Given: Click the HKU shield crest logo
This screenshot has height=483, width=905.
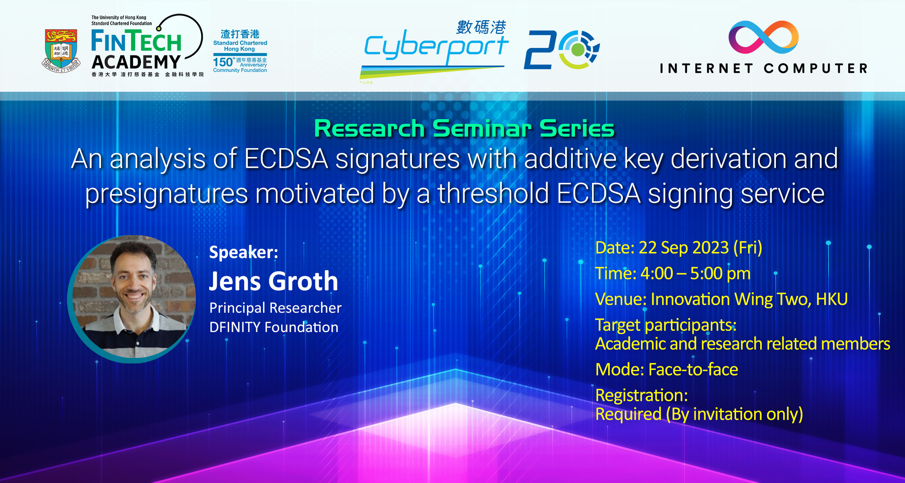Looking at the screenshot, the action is tap(61, 51).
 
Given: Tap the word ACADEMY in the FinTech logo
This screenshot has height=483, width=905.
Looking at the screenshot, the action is tap(136, 62).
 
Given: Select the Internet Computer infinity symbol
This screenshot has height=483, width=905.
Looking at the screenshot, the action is tap(763, 37).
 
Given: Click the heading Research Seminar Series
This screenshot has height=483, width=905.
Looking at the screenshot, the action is tap(464, 128).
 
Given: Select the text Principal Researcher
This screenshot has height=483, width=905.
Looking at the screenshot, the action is tap(276, 308).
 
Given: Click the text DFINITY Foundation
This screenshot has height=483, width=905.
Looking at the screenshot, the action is tap(274, 327).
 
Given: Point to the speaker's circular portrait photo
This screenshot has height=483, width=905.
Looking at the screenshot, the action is tap(132, 299).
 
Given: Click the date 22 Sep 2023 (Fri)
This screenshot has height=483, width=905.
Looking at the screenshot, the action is tap(700, 248).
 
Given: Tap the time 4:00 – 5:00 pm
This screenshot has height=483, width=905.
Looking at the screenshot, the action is tap(695, 273).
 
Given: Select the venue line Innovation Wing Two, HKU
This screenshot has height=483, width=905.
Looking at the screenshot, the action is tap(749, 299).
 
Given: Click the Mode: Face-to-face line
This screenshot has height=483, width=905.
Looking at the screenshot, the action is tap(667, 369).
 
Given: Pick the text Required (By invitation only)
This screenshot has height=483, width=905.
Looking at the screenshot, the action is tap(699, 414).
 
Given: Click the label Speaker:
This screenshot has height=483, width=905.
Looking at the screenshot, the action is tap(244, 252).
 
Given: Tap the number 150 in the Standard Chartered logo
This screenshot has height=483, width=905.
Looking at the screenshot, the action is tap(223, 62).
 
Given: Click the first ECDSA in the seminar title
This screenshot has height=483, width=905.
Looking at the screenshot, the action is tap(286, 159).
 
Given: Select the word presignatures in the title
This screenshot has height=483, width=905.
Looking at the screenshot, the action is tap(167, 194).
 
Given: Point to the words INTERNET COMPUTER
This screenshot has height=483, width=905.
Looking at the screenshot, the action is tap(763, 68).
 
